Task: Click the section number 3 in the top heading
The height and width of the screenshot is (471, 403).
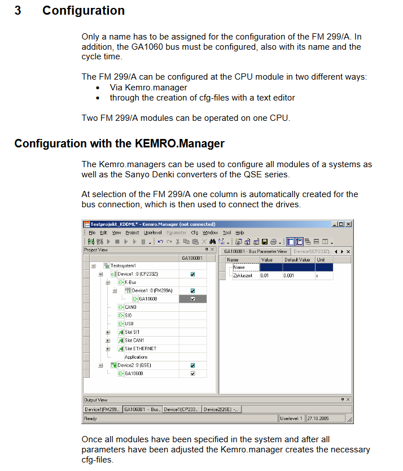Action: point(18,11)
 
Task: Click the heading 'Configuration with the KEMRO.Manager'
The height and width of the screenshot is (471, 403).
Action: point(119,143)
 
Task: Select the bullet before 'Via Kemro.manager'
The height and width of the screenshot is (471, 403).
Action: point(98,88)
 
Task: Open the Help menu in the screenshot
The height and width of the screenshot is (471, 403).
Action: point(239,233)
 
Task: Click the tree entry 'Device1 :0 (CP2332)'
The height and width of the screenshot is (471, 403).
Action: point(134,274)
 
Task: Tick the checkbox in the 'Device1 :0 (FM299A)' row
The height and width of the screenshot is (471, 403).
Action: point(192,291)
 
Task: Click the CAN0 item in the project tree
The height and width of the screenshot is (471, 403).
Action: point(130,307)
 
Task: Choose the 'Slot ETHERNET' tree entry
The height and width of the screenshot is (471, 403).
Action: point(141,348)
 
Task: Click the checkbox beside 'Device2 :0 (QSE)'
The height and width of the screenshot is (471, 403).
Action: point(192,365)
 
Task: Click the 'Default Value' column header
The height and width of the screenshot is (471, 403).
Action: point(297,260)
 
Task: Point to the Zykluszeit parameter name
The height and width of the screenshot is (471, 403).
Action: point(242,276)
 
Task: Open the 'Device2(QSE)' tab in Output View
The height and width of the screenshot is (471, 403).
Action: point(221,409)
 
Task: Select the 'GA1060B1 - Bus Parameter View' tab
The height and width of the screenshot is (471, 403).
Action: point(256,251)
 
